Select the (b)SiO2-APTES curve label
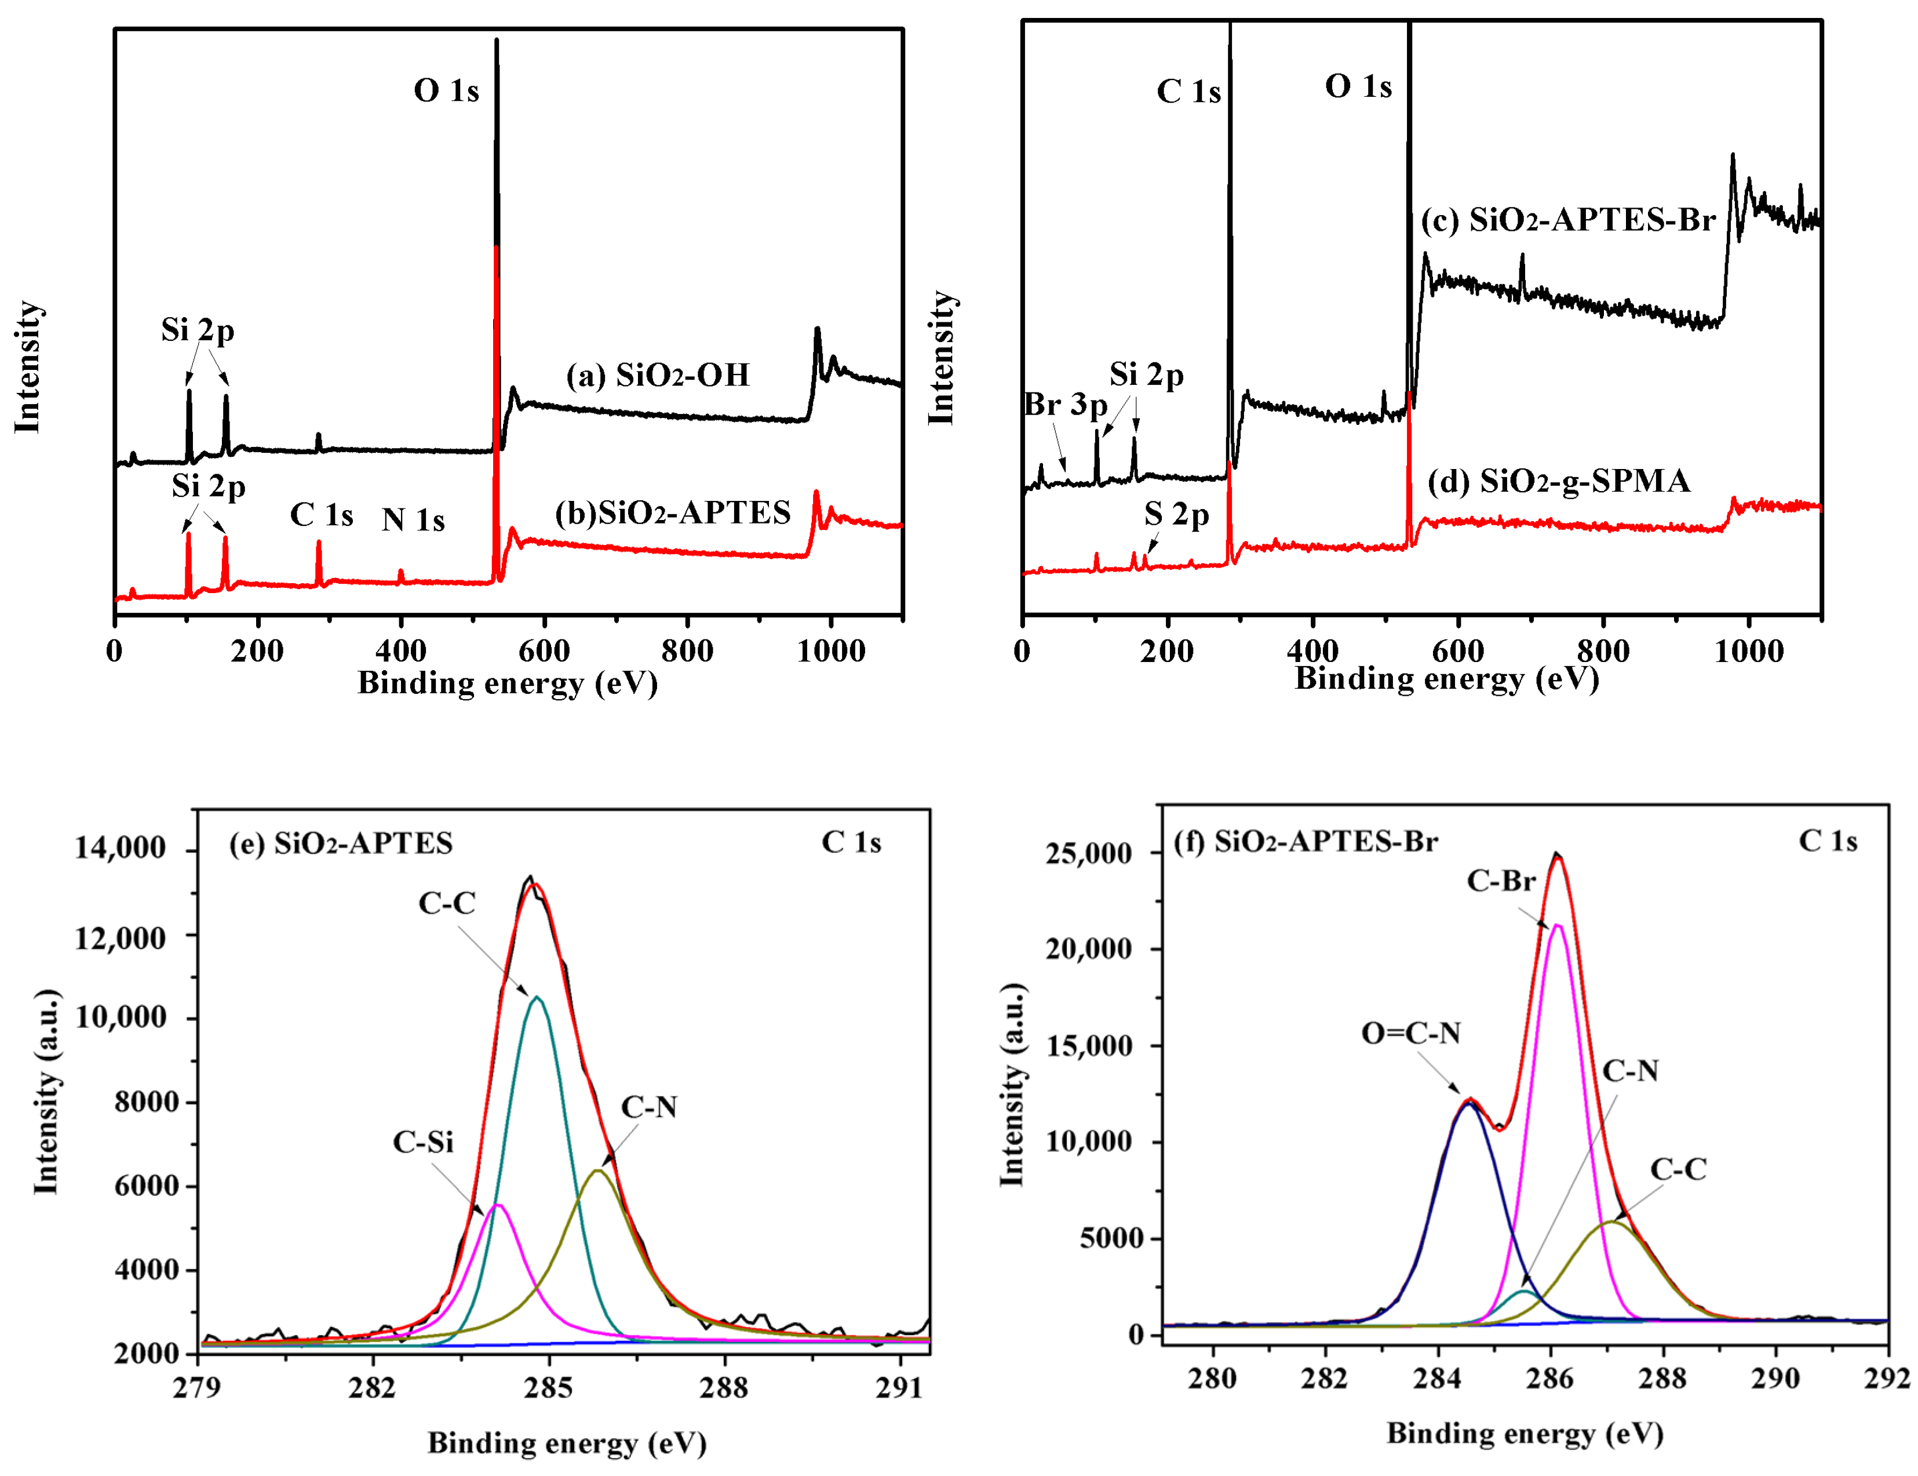coord(673,512)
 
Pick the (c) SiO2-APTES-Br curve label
coord(1567,220)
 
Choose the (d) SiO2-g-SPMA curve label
coord(1559,481)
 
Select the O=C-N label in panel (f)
coord(1410,1033)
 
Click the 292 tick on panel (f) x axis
coord(1888,1379)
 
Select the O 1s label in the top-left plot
coord(446,90)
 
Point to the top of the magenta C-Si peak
coord(498,1205)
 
